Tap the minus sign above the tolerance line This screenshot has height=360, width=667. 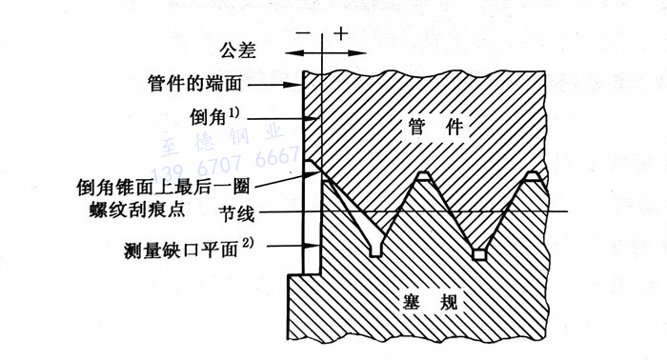coord(304,33)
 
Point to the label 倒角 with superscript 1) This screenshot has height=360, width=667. coord(219,116)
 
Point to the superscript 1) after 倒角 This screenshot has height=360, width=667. coord(252,110)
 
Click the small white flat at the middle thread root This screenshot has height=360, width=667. coord(480,254)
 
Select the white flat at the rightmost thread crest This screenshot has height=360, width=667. coord(533,176)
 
